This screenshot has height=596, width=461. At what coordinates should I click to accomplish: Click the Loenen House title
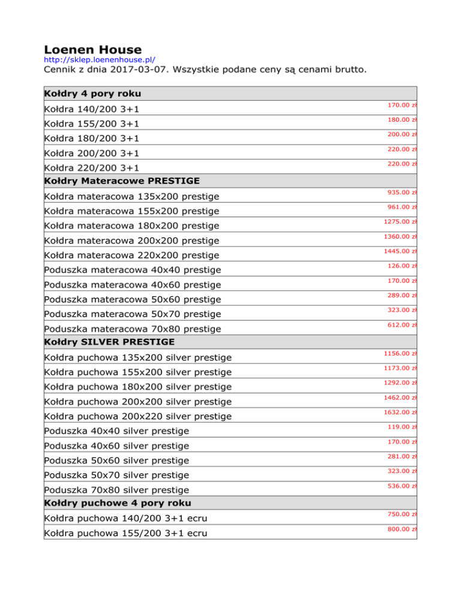pyautogui.click(x=93, y=49)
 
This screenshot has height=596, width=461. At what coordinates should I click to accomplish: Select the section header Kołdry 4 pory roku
pyautogui.click(x=92, y=94)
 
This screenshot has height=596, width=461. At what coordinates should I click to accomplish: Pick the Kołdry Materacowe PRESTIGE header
pyautogui.click(x=122, y=181)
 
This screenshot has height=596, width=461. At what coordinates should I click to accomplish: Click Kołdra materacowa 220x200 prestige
pyautogui.click(x=131, y=255)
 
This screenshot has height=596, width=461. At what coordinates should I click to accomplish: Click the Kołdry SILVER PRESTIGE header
pyautogui.click(x=109, y=342)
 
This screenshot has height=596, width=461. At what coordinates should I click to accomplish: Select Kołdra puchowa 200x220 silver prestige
pyautogui.click(x=138, y=416)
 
